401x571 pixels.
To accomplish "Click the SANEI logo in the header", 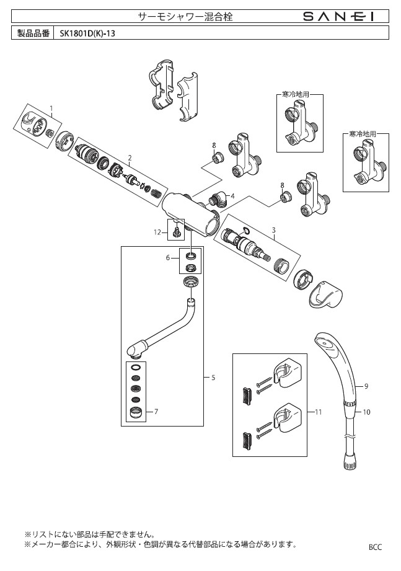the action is (338, 16).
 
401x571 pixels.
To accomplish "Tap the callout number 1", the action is (51, 108).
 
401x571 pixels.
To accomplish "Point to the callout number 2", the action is (130, 157).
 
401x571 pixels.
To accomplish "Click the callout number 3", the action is (274, 230).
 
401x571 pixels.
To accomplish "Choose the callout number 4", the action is (232, 197).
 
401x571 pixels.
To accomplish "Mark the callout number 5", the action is (213, 378).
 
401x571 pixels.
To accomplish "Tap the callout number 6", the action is (168, 257).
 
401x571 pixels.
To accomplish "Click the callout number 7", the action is (156, 412).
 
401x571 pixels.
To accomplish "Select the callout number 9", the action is (366, 386).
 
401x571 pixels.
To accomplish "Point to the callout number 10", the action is (366, 412).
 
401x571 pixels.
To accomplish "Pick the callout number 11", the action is (319, 412).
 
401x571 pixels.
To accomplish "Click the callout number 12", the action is (157, 232).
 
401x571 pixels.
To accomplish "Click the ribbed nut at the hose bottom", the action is (350, 463).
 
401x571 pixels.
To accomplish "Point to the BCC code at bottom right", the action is (375, 547).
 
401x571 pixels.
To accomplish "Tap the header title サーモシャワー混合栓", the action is (185, 16).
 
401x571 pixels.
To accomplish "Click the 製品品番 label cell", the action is (33, 33).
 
